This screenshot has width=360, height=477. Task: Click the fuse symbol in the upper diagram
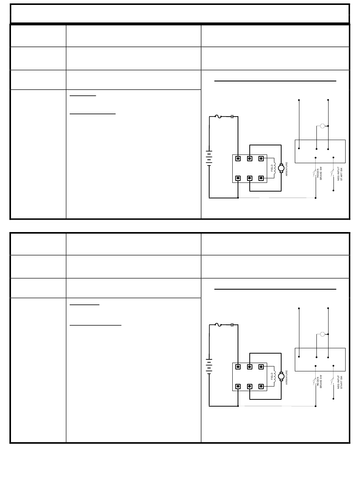(218, 117)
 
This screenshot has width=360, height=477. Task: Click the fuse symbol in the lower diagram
(218, 325)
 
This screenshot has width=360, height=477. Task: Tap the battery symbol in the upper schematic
(209, 158)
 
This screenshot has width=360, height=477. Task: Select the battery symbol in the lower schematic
(209, 366)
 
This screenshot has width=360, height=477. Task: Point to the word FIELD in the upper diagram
(272, 168)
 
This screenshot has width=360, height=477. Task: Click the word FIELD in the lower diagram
(272, 376)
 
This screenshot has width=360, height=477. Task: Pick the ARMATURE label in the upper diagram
(287, 169)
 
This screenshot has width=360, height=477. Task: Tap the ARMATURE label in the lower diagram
(287, 377)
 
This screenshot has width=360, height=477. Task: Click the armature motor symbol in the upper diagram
(281, 168)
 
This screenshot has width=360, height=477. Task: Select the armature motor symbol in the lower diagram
(281, 376)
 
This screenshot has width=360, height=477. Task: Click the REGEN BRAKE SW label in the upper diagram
(319, 173)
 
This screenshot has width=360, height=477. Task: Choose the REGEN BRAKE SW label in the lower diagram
(319, 381)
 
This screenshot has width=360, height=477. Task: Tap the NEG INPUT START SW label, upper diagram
(340, 173)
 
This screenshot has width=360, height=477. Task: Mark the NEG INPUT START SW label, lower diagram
(340, 382)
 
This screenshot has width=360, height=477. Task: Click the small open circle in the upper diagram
(322, 126)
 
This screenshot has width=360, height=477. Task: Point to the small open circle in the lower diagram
(322, 334)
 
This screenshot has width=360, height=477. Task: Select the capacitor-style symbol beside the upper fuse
(232, 117)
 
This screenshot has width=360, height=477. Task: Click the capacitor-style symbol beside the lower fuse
(232, 325)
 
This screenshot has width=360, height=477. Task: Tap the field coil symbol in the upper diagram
(275, 168)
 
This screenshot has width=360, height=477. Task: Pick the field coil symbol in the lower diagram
(275, 376)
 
